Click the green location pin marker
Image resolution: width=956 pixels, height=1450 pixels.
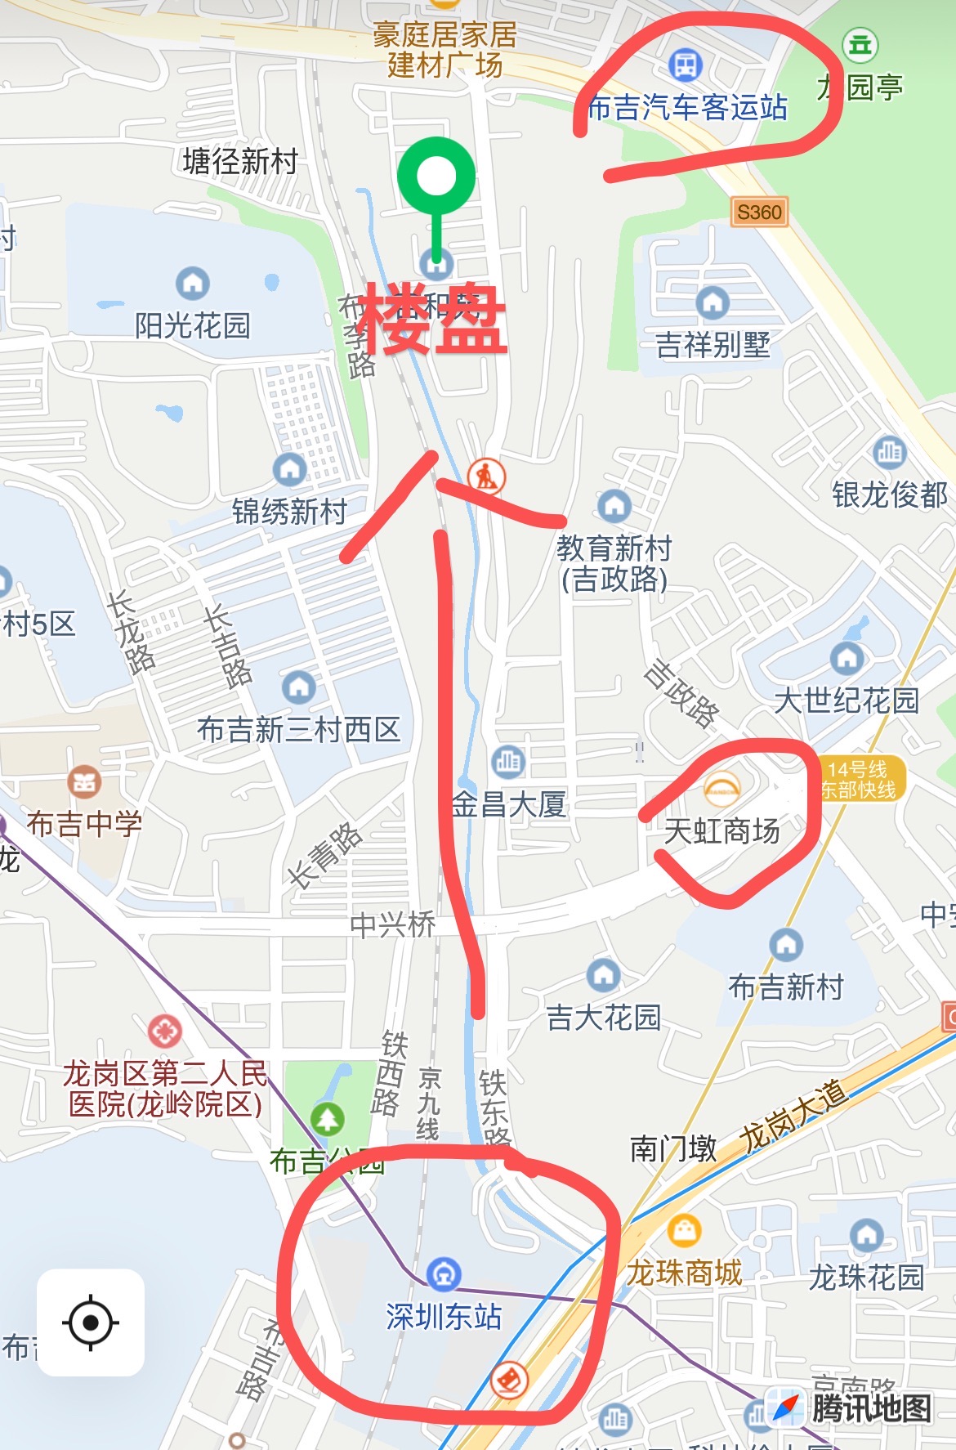coord(436,177)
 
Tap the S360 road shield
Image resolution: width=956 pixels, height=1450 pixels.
coord(759,213)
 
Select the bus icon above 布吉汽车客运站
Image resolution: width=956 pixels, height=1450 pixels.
coord(685,64)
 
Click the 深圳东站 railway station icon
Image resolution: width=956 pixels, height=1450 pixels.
coord(444,1273)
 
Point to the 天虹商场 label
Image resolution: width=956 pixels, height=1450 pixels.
coord(721,831)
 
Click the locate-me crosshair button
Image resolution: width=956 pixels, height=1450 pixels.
coord(91,1322)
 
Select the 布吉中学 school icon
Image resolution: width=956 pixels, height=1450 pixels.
coord(84,782)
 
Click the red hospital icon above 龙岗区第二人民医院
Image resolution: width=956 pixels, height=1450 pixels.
coord(164,1032)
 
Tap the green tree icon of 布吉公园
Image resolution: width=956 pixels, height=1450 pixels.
coord(327,1119)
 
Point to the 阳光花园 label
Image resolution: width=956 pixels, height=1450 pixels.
coord(192,325)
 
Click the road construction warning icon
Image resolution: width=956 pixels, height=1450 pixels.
coord(486,475)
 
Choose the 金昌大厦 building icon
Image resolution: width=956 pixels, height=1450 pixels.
coord(508,762)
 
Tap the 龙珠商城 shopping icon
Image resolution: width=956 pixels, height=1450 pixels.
coord(684,1230)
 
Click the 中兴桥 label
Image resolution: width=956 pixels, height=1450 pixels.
coord(392,924)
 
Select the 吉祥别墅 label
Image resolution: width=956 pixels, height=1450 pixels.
coord(713,344)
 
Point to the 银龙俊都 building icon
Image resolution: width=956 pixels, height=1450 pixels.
coord(889,451)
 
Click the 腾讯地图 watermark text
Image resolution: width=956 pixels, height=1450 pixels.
coord(871,1407)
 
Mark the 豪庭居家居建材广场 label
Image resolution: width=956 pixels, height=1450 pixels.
coord(444,50)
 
